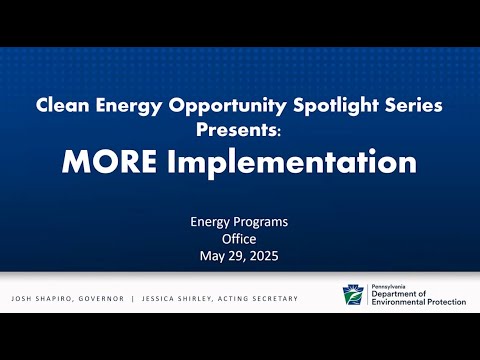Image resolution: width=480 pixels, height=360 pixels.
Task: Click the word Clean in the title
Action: (63, 105)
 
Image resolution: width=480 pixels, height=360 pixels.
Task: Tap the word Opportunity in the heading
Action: (227, 106)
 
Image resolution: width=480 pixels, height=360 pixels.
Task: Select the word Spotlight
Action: (336, 106)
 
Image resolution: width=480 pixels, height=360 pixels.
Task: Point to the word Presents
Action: (237, 129)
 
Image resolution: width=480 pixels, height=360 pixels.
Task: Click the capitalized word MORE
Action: (109, 162)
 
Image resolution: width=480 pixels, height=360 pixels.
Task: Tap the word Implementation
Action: (292, 163)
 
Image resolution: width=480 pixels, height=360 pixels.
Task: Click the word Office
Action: (239, 239)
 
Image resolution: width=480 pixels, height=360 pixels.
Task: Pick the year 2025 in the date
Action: (264, 256)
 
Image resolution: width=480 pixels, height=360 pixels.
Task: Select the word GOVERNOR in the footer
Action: (101, 299)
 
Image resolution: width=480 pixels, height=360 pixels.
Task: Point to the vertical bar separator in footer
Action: (133, 299)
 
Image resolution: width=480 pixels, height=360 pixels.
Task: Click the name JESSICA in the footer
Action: (158, 299)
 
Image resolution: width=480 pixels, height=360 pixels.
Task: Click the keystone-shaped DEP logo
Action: (353, 295)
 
